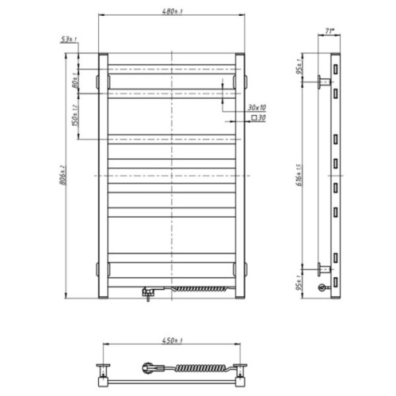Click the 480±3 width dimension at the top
[169, 11]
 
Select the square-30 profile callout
[258, 117]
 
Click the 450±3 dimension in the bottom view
[169, 341]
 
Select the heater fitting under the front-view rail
[146, 291]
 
